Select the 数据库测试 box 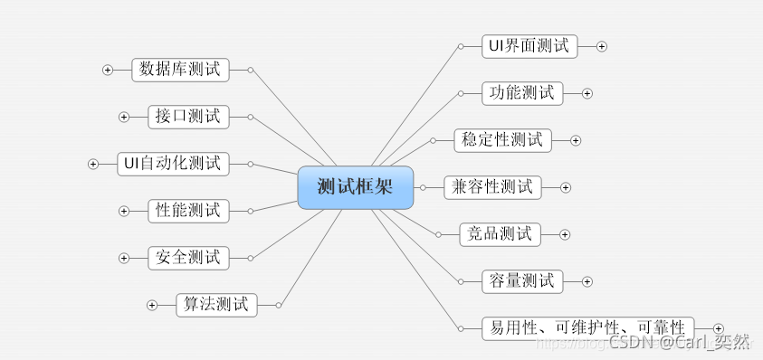pos(181,70)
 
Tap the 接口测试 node pos(187,117)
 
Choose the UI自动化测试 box pos(173,164)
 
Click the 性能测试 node pos(187,211)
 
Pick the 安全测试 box pos(187,258)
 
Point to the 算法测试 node pos(216,305)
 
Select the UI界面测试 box pos(529,46)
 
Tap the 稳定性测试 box pos(501,140)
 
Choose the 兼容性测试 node pos(492,187)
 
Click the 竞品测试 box pos(500,234)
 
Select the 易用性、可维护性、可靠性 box pos(587,327)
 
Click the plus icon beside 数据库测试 pos(108,70)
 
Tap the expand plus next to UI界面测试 pos(602,46)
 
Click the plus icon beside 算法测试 pos(152,305)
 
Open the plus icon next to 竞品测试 pos(565,234)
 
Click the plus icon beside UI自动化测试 pos(93,164)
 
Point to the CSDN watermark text pos(679,342)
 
